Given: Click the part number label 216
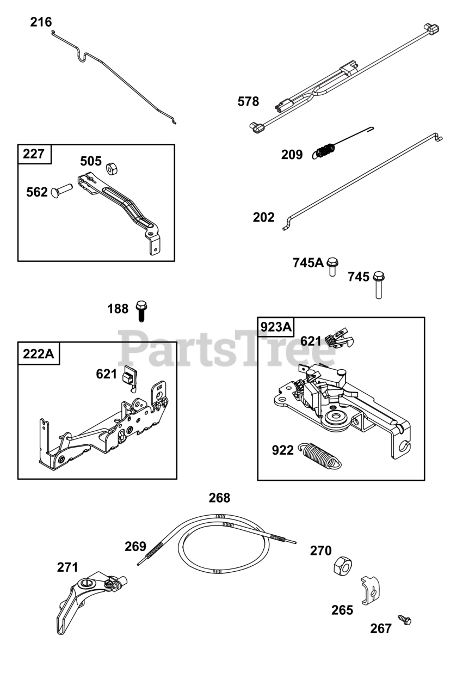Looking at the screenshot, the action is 41,22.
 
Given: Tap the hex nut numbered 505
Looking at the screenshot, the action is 110,168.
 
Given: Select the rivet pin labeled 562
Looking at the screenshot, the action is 61,191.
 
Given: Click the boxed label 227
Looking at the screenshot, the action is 34,154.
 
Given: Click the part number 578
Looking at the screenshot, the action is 248,101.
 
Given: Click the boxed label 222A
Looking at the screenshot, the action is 39,353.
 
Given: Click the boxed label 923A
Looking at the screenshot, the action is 276,327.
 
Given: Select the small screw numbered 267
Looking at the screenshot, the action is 404,620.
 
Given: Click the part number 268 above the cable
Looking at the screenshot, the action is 219,498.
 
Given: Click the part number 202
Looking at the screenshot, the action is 263,218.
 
